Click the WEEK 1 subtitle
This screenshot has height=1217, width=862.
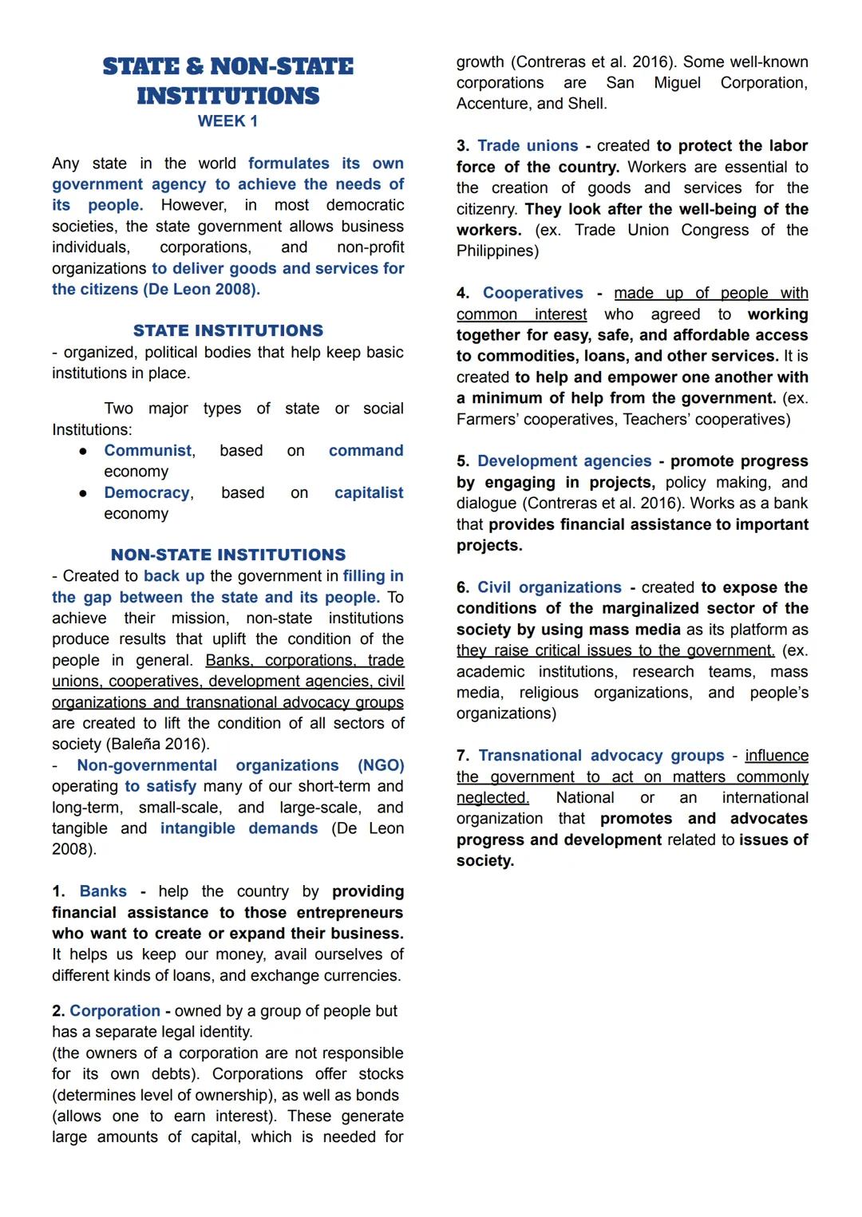pos(227,121)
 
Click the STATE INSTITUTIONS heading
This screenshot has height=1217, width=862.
pos(228,330)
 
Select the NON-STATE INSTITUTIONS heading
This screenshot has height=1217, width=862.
pos(228,555)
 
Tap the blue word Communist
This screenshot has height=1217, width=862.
pos(148,451)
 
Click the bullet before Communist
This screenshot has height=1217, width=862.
pos(83,452)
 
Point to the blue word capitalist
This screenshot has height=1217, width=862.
pos(369,493)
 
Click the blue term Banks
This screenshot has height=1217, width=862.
pos(103,891)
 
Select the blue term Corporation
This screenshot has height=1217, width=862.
pos(115,1011)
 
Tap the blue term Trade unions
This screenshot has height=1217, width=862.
pos(528,146)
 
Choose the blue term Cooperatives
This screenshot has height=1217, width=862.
pos(533,294)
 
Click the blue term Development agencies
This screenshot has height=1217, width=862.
pos(564,461)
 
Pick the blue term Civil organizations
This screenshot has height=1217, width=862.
pos(549,587)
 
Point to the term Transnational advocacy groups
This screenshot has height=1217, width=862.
pos(601,756)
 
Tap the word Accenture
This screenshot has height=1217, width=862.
pos(492,104)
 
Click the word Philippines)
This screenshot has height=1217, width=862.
pos(497,251)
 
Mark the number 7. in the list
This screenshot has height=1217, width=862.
pos(463,756)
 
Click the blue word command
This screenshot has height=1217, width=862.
pos(366,451)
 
